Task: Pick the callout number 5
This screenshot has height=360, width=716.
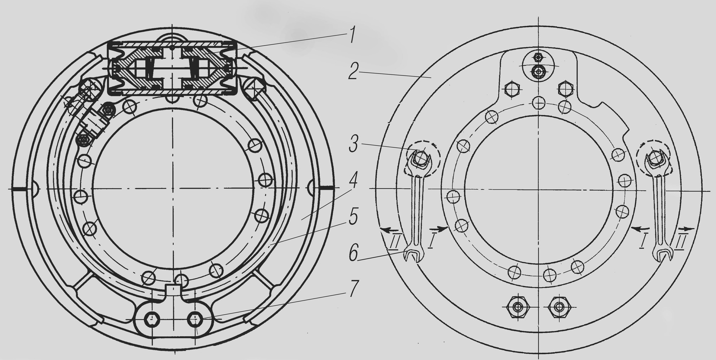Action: pos(353,217)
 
